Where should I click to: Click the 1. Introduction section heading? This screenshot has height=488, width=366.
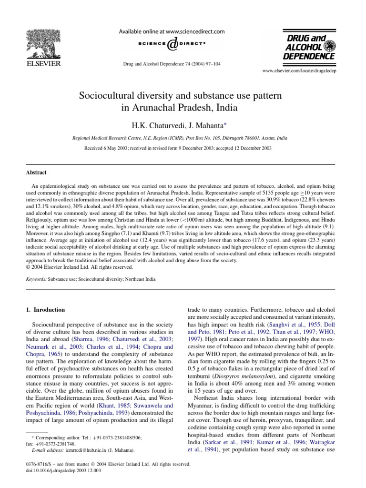pos(45,309)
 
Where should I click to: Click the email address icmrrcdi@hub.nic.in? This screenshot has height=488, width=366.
pos(79,449)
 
